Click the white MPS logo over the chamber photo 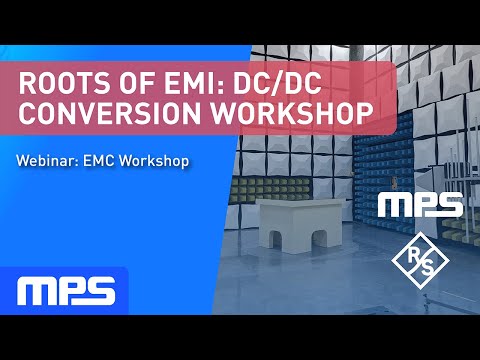419,205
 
